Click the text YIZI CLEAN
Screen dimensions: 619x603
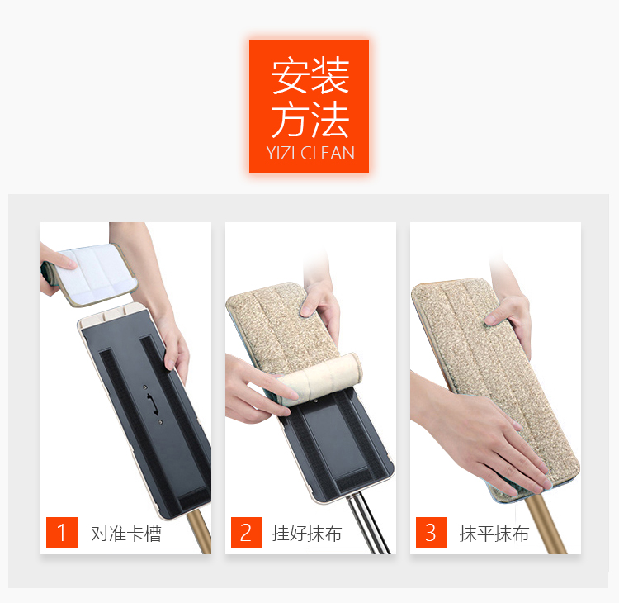[x=310, y=154]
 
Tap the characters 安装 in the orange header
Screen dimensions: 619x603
[x=310, y=75]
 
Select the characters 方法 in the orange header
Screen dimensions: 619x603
[x=310, y=119]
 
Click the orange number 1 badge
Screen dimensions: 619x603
[x=62, y=532]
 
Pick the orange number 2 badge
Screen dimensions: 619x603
[x=246, y=532]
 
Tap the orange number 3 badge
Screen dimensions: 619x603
[x=431, y=532]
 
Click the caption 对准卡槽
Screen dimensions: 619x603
[x=126, y=534]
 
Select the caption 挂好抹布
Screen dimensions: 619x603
[x=307, y=534]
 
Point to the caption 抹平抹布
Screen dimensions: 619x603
[x=494, y=534]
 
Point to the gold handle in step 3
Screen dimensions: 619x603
[x=546, y=525]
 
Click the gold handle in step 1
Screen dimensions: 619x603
[x=200, y=531]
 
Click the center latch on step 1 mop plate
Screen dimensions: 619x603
[x=153, y=404]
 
